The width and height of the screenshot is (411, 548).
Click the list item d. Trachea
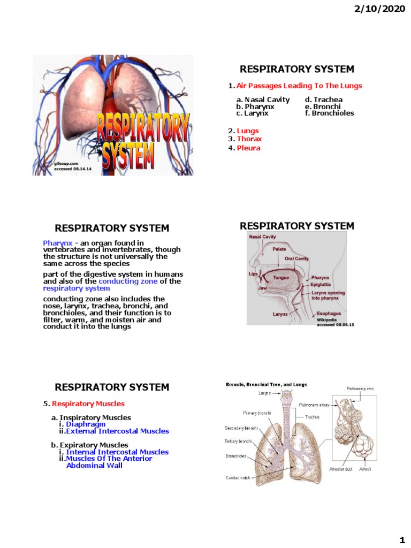(x=324, y=100)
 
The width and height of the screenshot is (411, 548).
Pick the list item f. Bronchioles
(x=330, y=113)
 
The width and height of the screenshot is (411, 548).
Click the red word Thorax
(x=249, y=139)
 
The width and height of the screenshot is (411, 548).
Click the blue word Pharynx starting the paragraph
(x=57, y=243)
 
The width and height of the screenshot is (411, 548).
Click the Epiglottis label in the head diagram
(x=322, y=285)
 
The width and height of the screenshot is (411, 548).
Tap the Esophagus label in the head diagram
(x=329, y=313)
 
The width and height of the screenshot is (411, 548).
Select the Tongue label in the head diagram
(x=281, y=278)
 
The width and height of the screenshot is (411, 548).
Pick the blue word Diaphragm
(x=86, y=424)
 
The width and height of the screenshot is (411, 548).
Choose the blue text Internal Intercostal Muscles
(x=117, y=452)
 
